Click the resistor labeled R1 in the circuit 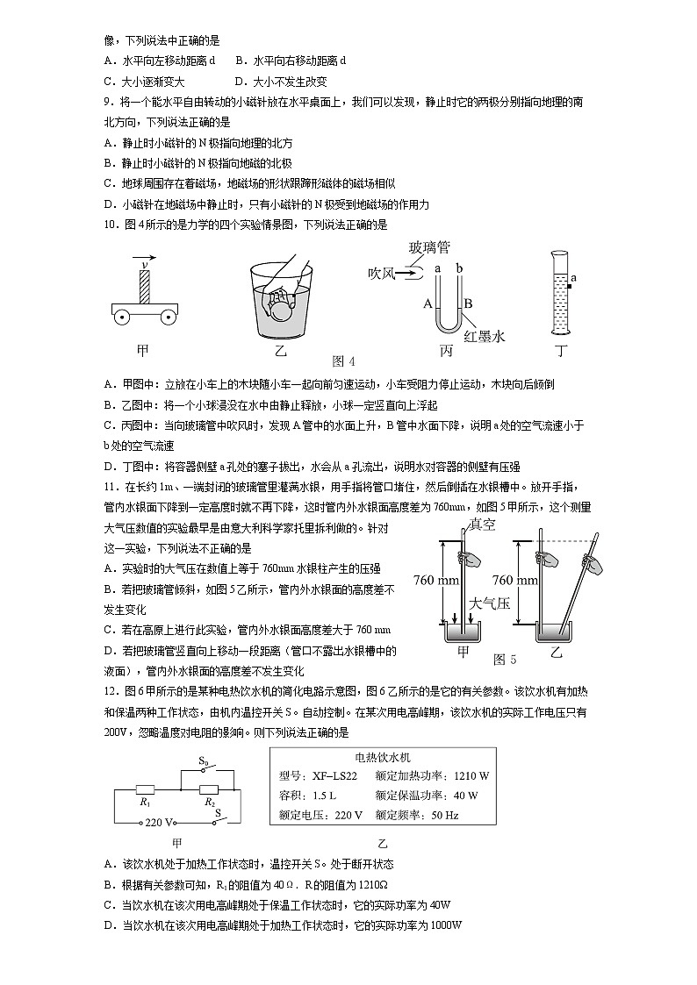click(146, 789)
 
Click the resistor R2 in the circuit click(209, 789)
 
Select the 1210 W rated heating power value click(471, 775)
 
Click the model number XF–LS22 click(334, 775)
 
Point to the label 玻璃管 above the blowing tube click(430, 248)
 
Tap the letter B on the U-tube click(468, 303)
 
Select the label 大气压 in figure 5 click(485, 603)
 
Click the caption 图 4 click(344, 361)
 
